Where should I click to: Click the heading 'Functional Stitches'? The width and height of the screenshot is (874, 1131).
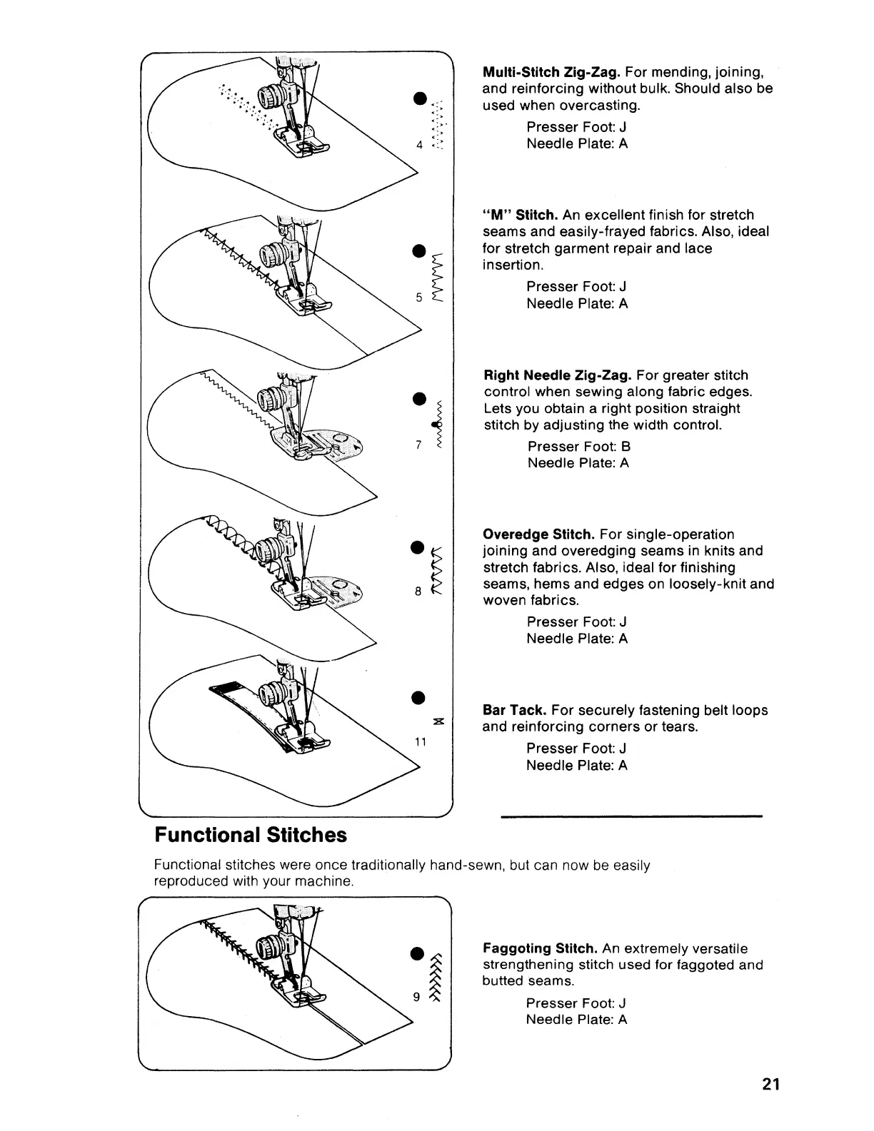(251, 835)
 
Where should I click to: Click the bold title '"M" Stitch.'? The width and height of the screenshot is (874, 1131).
(521, 215)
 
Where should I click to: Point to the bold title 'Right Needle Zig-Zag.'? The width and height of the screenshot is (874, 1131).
(558, 375)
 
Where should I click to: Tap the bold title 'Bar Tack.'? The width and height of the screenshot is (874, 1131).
(515, 710)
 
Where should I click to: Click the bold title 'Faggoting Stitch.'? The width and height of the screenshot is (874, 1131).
(541, 948)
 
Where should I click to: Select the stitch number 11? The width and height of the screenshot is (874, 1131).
(421, 741)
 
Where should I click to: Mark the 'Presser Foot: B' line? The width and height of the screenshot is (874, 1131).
(578, 447)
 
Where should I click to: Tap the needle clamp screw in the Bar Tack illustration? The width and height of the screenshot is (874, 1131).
(271, 695)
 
